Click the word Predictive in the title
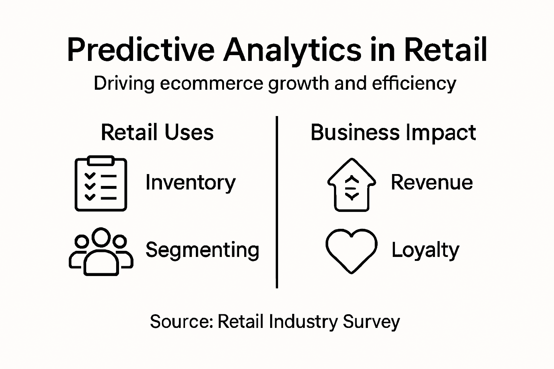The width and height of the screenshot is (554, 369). pos(141,50)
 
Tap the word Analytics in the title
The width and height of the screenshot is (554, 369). pos(292,50)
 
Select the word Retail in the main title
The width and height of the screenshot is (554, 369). pos(445,50)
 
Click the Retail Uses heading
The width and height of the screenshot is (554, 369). pos(157,132)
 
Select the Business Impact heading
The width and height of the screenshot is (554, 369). pos(393,132)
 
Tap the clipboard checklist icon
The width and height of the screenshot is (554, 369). pos(101,184)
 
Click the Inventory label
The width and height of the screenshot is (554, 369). pos(190,182)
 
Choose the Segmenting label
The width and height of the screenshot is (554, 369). pos(202,250)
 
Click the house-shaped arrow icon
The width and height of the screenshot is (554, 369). pos(352,184)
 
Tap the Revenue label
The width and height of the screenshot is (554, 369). pos(432,182)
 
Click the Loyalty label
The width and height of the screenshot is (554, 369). pos(425,250)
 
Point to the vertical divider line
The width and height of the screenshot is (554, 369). pos(277,202)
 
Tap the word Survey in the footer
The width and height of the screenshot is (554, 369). pos(371,321)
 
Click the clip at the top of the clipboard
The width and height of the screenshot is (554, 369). pos(101,160)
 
